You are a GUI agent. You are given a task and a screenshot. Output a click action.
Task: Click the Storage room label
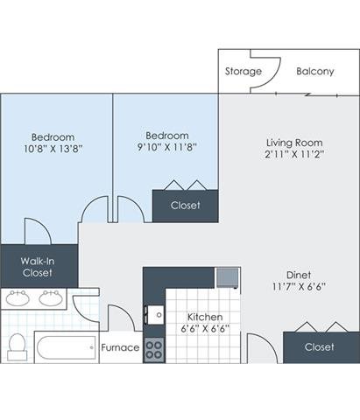click(x=244, y=71)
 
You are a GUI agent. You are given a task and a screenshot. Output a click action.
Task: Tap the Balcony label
click(x=315, y=71)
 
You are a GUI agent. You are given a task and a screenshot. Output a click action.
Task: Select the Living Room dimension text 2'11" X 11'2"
click(x=294, y=154)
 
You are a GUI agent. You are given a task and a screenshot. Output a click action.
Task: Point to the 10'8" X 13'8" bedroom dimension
click(x=53, y=149)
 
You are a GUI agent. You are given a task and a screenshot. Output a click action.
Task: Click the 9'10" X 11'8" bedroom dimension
click(x=167, y=147)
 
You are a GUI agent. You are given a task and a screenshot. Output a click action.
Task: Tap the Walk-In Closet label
click(x=38, y=267)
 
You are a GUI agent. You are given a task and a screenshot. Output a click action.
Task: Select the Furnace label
click(x=120, y=347)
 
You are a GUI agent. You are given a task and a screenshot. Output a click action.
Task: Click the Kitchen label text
click(x=205, y=317)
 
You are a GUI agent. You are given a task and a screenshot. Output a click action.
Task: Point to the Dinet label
click(x=299, y=275)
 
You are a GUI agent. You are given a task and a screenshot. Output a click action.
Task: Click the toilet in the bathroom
click(x=18, y=346)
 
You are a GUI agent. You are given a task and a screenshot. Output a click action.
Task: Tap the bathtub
click(x=67, y=347)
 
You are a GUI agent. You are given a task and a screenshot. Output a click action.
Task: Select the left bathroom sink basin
click(x=18, y=297)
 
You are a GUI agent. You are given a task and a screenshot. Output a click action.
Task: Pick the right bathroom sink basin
click(x=51, y=297)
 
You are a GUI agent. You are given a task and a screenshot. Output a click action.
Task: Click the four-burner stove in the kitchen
click(x=154, y=350)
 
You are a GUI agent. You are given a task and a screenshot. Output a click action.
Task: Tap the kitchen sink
click(x=155, y=315)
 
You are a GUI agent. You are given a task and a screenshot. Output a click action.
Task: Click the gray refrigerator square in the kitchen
click(x=227, y=278)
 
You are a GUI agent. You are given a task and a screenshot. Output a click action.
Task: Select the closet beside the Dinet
click(x=321, y=347)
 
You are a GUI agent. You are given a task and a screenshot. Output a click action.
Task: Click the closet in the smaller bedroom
click(x=185, y=206)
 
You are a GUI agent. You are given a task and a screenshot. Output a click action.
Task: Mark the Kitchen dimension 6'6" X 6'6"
click(x=205, y=329)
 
